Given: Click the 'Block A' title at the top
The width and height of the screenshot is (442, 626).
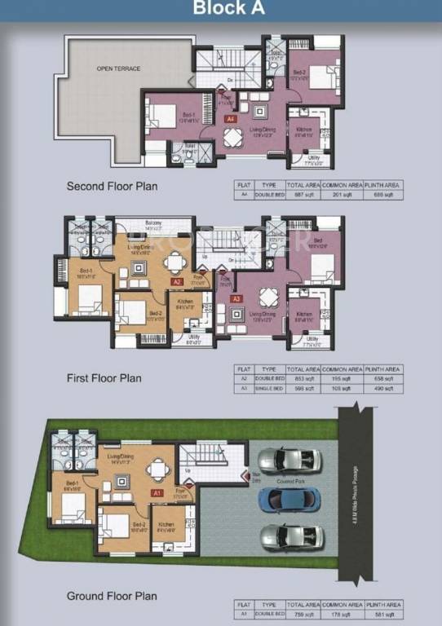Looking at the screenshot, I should coord(221,9).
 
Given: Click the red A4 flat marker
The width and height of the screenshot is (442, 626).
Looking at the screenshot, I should coord(231,119).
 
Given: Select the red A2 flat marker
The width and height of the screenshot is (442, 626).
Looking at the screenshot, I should coord(176,281).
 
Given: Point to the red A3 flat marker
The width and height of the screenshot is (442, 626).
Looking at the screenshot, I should coord(236,299).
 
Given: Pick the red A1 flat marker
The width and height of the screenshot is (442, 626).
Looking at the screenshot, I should coord(155,493).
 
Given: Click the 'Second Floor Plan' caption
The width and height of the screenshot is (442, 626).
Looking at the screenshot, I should coord(112,187).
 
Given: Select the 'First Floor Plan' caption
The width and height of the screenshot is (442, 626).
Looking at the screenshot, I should coord(104,378).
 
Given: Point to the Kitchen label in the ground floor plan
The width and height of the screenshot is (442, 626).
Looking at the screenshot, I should coord(166,523).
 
